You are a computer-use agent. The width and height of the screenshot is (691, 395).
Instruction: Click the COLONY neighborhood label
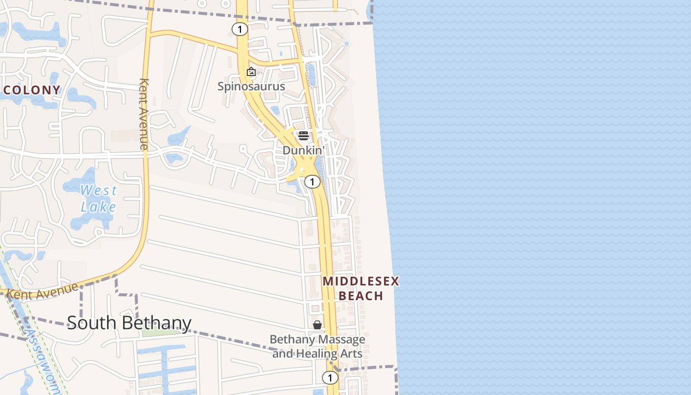tap(32, 90)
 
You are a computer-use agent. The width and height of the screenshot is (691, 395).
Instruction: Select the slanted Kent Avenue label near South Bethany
tap(42, 290)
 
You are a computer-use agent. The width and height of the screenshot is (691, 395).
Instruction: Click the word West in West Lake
tap(99, 190)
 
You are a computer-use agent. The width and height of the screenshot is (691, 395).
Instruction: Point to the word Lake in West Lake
tap(98, 206)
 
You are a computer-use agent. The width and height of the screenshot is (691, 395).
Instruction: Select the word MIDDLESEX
tap(360, 281)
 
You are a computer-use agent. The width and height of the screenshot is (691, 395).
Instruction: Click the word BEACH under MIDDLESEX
tap(361, 296)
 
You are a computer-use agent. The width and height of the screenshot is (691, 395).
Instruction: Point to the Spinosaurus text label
tap(251, 86)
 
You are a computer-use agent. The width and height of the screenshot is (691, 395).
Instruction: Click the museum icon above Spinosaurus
tap(251, 72)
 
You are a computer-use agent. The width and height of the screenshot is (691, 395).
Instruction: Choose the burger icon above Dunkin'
tap(303, 136)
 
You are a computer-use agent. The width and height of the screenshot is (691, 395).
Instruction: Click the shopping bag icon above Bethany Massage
tap(317, 325)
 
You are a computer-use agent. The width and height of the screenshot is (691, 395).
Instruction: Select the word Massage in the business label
tap(341, 340)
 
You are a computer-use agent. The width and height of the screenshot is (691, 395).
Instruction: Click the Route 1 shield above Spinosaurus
tap(239, 30)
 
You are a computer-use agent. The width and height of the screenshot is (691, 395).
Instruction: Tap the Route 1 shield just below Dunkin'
tap(312, 182)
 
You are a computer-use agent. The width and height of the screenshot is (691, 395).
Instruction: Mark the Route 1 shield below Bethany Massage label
tap(330, 378)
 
